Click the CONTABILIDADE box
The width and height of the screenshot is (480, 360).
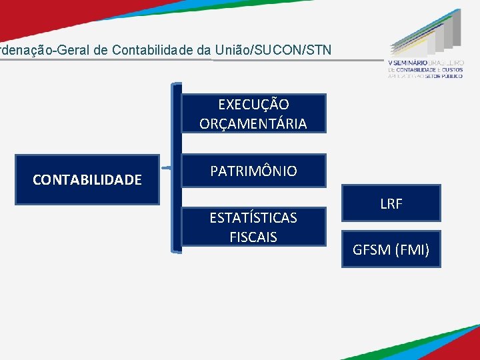(87, 179)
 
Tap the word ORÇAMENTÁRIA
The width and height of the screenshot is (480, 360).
(253, 123)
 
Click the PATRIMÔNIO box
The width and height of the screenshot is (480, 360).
(253, 171)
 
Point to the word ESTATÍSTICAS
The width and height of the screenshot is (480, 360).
(253, 217)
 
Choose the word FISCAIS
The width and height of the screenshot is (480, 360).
(253, 237)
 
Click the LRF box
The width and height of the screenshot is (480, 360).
(391, 204)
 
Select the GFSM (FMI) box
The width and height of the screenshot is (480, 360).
(391, 250)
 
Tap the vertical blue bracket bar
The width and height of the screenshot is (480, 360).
(176, 167)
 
